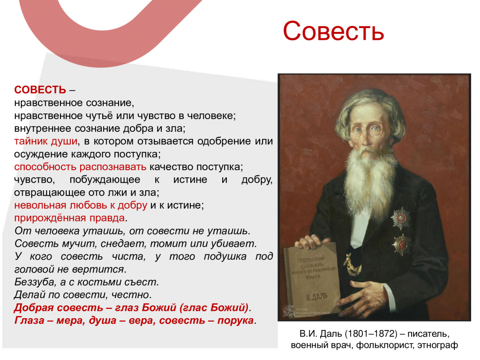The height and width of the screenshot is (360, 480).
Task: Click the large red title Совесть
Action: click(x=333, y=31)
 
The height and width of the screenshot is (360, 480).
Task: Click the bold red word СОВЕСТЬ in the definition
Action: click(x=40, y=90)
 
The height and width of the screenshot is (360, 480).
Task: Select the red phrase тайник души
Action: click(x=46, y=141)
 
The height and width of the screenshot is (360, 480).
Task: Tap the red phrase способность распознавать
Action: click(x=80, y=167)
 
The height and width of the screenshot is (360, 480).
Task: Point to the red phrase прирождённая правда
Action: click(x=69, y=218)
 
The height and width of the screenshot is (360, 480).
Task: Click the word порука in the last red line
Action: click(x=235, y=321)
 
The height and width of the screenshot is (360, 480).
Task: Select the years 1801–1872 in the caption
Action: click(x=371, y=334)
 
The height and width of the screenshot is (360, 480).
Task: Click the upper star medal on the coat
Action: click(x=400, y=218)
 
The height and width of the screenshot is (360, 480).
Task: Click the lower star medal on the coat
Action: click(x=402, y=244)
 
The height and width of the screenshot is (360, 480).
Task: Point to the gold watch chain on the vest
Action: click(x=352, y=266)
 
